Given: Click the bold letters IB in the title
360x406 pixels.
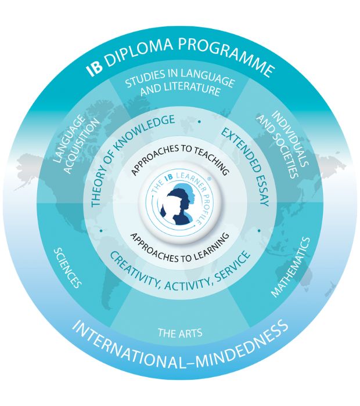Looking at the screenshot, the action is pyautogui.click(x=95, y=68).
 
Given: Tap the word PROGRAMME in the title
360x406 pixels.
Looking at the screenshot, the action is pyautogui.click(x=226, y=55).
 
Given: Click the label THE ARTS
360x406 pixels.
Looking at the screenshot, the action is pyautogui.click(x=180, y=333).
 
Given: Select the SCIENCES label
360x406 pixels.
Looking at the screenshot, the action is pyautogui.click(x=67, y=268).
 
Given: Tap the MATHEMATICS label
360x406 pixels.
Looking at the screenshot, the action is pyautogui.click(x=291, y=267).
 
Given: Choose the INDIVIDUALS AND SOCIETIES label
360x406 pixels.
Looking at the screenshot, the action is pyautogui.click(x=283, y=144).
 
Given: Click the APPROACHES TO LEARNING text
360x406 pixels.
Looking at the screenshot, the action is pyautogui.click(x=180, y=249).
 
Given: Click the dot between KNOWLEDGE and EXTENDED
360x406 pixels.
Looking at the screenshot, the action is pyautogui.click(x=199, y=121).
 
